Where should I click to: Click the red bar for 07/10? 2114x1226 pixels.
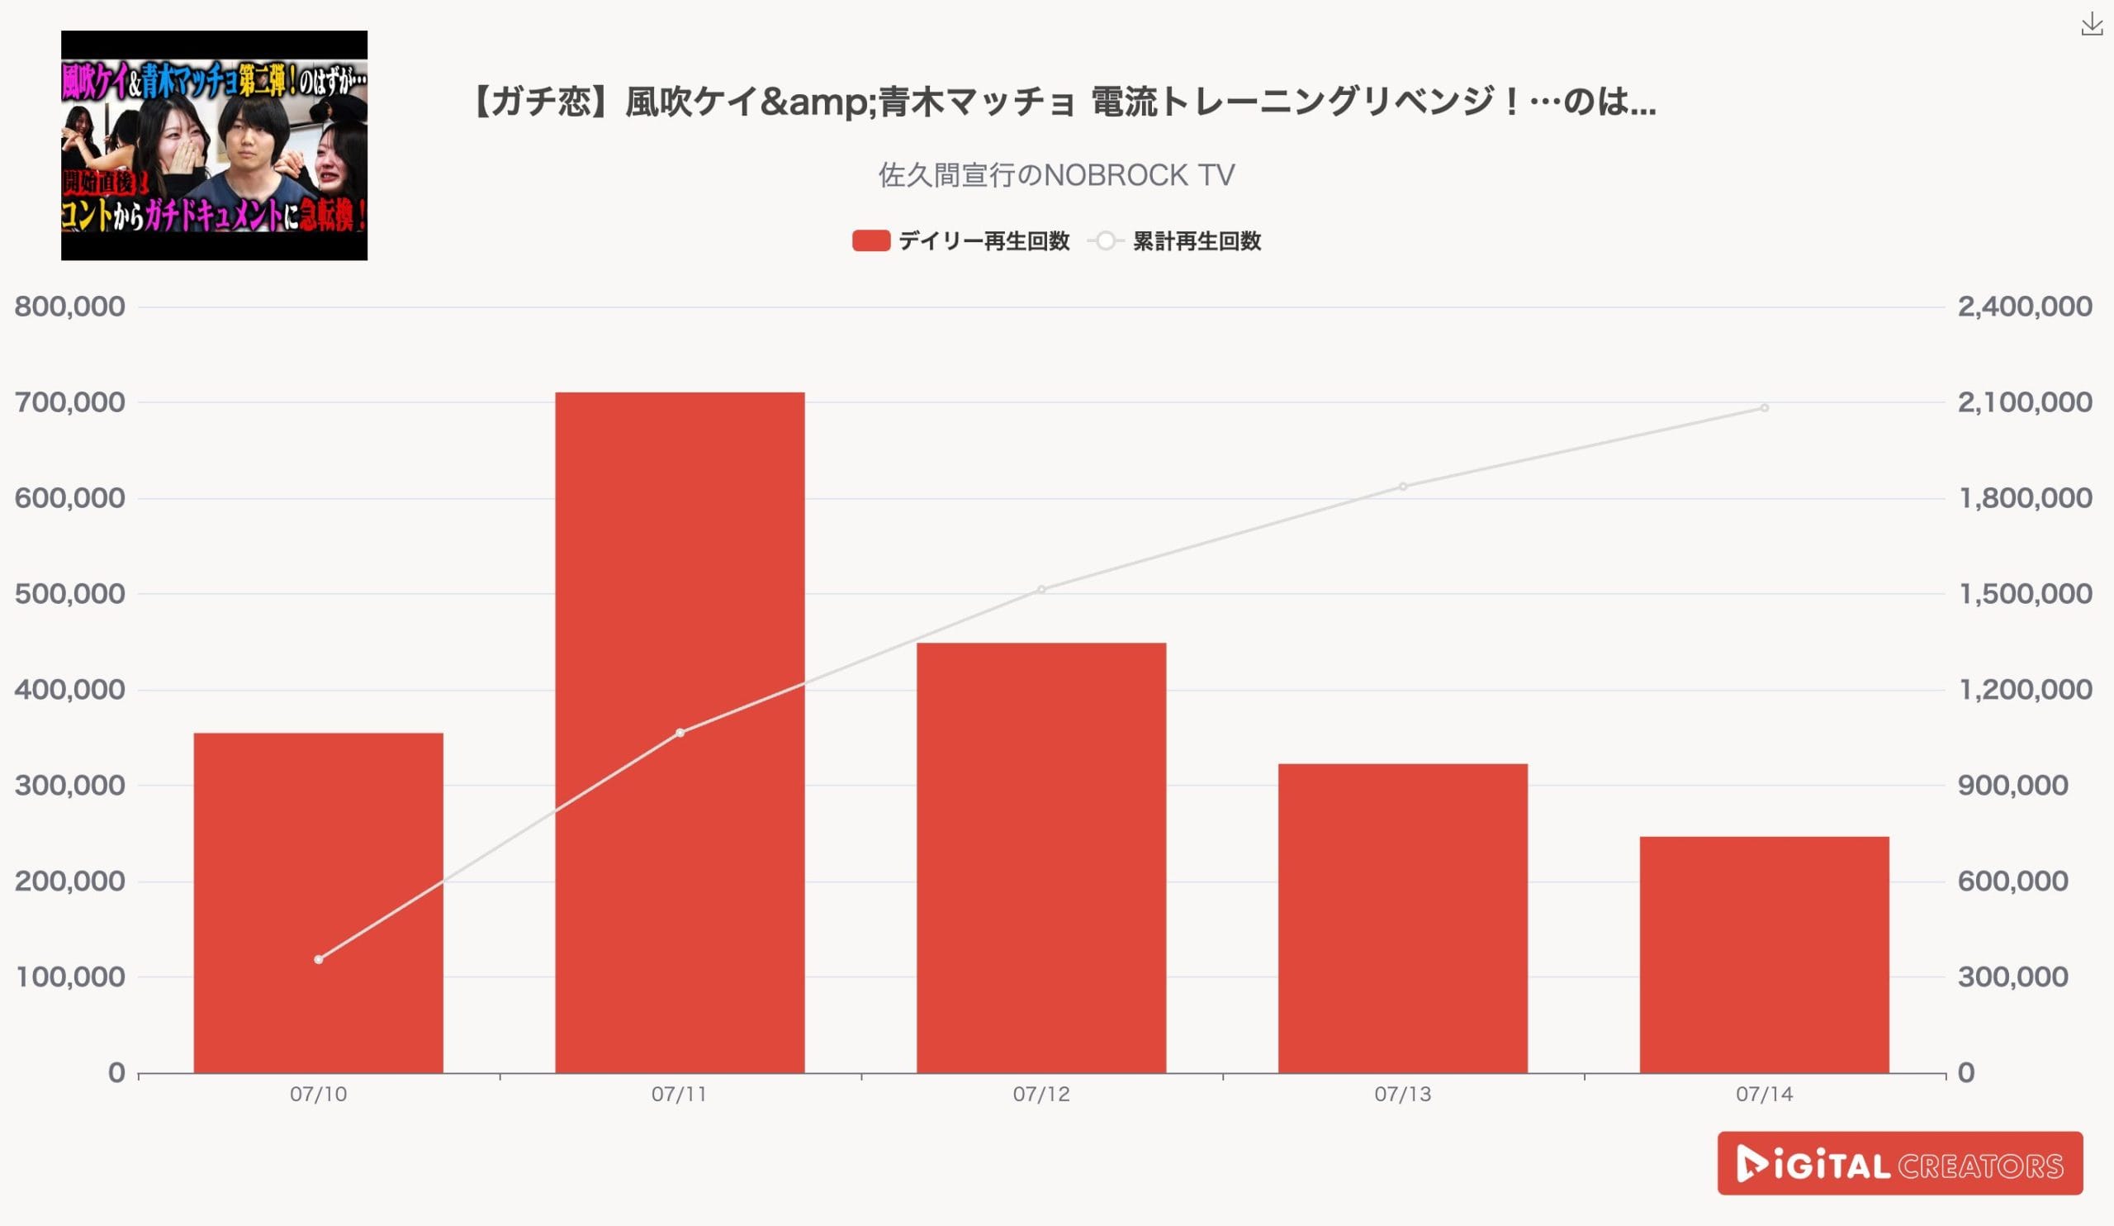point(318,902)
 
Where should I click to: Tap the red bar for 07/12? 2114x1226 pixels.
point(1041,857)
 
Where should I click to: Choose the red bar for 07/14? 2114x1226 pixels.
point(1764,954)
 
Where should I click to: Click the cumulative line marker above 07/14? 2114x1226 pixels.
point(1764,408)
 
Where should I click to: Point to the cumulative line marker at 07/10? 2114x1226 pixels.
point(318,959)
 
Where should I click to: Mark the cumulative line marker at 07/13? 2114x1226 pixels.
point(1403,487)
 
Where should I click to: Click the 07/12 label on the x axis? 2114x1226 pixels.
point(1041,1095)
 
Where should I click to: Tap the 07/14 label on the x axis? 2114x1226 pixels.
point(1764,1095)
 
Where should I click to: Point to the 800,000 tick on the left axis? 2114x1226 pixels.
point(69,307)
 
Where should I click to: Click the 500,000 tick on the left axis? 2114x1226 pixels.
point(69,594)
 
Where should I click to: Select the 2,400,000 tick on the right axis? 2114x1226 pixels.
point(2024,307)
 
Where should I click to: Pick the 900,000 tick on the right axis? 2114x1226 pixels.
point(2012,786)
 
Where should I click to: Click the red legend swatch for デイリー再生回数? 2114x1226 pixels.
point(870,241)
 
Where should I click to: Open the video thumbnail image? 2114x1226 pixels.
point(214,145)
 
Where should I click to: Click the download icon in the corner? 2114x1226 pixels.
point(2091,26)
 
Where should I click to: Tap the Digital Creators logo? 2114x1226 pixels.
point(1899,1163)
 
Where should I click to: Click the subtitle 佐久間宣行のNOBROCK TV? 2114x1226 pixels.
point(1056,175)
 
